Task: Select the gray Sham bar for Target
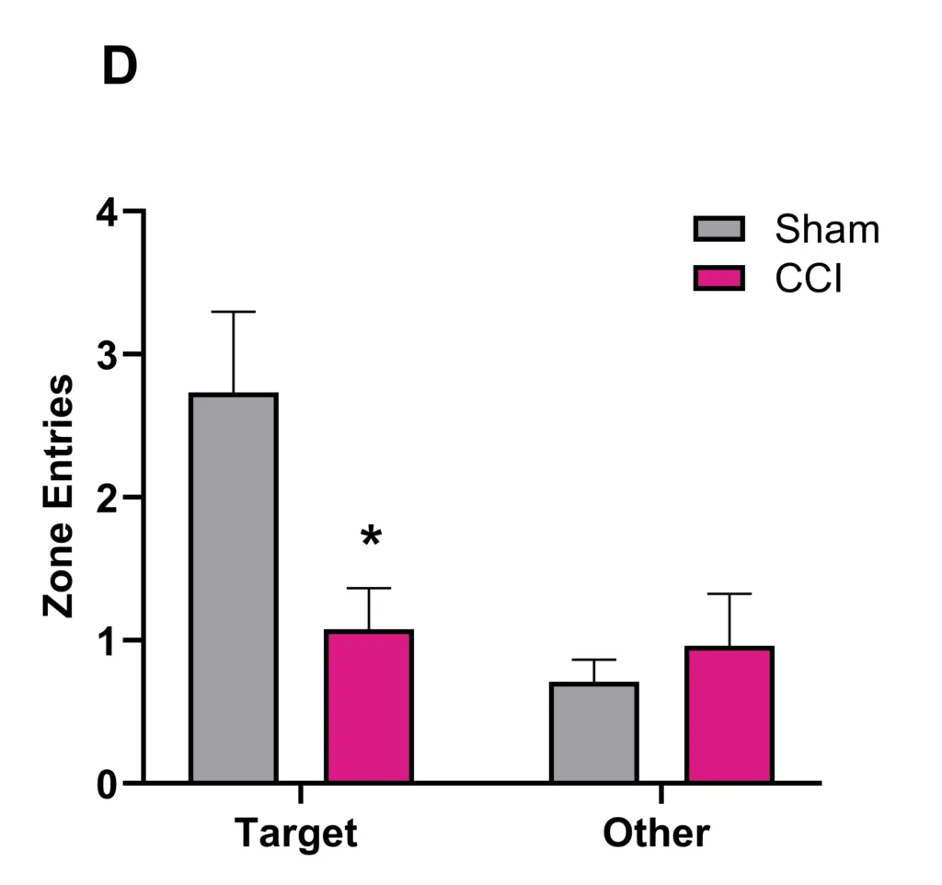(x=234, y=588)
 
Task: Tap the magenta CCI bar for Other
(x=729, y=715)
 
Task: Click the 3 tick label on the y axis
(x=109, y=355)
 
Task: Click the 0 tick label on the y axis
(x=109, y=784)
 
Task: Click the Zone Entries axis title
(x=59, y=497)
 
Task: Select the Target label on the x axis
(x=295, y=833)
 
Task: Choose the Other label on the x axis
(x=657, y=833)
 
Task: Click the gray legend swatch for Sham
(x=718, y=229)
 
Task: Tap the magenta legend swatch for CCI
(x=718, y=278)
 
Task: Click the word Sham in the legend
(x=827, y=229)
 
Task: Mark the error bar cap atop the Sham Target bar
(x=234, y=312)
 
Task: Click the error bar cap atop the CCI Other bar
(x=729, y=594)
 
